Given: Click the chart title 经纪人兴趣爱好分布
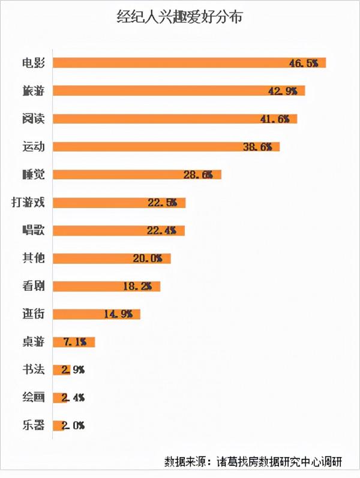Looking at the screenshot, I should point(180,17).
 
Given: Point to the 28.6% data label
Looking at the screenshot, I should point(198,175).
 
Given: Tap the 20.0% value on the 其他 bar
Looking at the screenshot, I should point(148,258).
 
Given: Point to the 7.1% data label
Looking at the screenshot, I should point(74,342).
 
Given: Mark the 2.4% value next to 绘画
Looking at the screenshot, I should point(73,398).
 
